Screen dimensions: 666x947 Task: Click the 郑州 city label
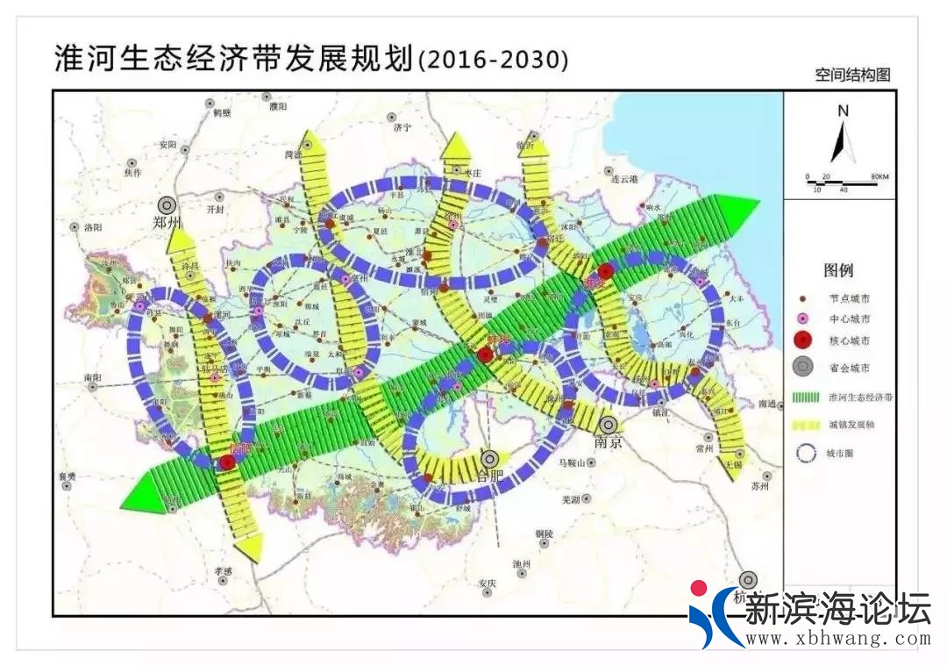tap(166, 222)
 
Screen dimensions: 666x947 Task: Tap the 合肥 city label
tap(492, 476)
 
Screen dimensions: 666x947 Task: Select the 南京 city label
tap(608, 443)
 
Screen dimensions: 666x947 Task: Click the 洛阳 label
tap(92, 227)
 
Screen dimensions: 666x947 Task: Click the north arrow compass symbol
tap(843, 136)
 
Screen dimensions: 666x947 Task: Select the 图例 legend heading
tap(838, 269)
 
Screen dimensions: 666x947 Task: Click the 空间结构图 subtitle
tap(851, 75)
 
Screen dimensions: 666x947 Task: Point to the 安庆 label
tap(488, 583)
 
